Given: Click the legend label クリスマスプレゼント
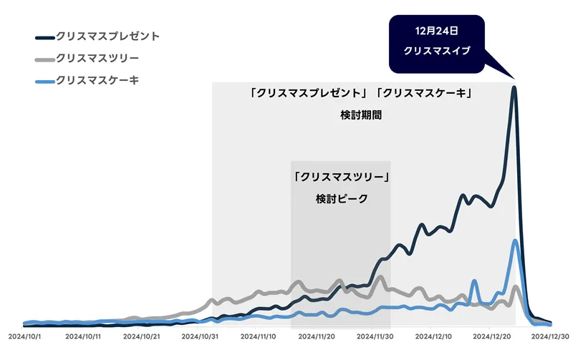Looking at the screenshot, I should pos(108,35).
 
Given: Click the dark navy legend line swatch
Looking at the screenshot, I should pos(44,36).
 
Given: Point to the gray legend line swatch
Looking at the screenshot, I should pos(44,59).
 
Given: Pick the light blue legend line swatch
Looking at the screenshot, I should pos(44,81).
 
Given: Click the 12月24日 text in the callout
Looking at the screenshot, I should pos(436,32).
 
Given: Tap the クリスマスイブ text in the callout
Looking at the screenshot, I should pos(436,52).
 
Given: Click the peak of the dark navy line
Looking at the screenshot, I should pos(514,89).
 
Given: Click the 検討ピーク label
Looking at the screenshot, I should pos(341,198).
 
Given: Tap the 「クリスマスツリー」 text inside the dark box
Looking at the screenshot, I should pos(341,176).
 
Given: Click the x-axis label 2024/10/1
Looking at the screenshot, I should pos(26,334).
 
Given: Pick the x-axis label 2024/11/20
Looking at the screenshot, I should pos(317,334).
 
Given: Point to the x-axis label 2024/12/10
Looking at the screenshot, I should pos(433,334).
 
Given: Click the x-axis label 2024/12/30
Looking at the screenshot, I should pos(549,334).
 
